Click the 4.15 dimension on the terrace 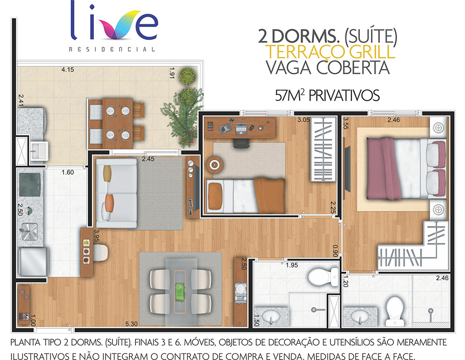click(x=67, y=70)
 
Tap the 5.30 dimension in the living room click(x=132, y=324)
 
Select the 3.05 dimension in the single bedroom click(x=303, y=120)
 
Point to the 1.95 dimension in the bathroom click(x=292, y=265)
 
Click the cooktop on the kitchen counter click(x=30, y=184)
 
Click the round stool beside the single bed click(x=215, y=164)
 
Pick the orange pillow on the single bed click(x=215, y=196)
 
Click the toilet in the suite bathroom click(x=394, y=311)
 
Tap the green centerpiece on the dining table click(x=180, y=292)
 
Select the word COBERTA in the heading click(x=352, y=67)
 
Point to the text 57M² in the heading click(x=290, y=96)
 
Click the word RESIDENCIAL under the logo click(x=112, y=49)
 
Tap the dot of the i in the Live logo click(x=92, y=7)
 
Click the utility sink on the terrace click(x=39, y=151)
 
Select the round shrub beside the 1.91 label click(x=187, y=76)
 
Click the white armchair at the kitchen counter click(x=100, y=253)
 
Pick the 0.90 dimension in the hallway click(x=335, y=251)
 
